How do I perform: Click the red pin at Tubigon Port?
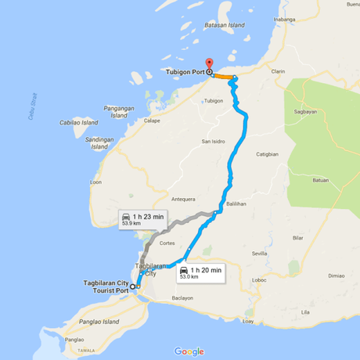[208, 64]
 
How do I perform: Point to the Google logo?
[189, 351]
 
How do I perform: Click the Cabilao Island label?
[78, 123]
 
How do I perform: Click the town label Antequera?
[183, 198]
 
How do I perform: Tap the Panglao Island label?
[99, 322]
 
